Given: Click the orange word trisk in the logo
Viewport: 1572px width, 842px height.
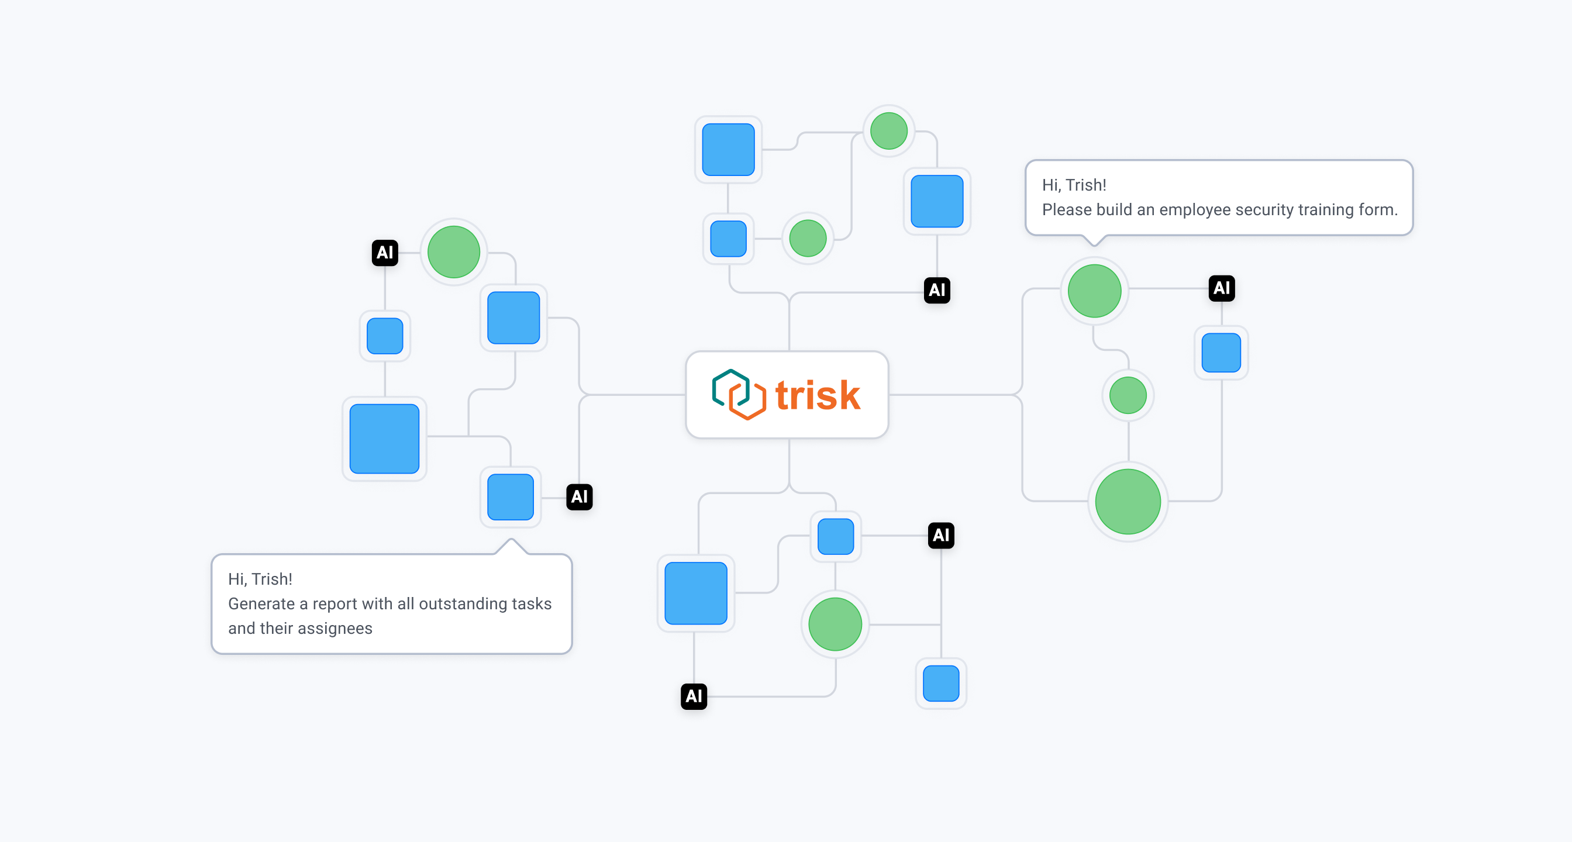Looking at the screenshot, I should [818, 395].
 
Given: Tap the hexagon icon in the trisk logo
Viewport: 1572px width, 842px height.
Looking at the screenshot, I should [739, 395].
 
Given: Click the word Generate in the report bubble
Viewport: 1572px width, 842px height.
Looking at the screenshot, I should [261, 604].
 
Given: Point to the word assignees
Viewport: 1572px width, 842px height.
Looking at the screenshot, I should [335, 629].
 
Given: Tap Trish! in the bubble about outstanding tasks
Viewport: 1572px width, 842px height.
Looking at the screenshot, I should [272, 579].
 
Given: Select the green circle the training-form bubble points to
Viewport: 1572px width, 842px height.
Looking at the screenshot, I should [1094, 291].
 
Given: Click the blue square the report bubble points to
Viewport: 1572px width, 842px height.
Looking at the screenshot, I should [511, 497].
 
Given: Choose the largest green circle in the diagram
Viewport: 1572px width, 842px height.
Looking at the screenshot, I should [1128, 502].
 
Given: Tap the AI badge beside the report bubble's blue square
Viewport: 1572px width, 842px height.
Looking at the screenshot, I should [579, 496].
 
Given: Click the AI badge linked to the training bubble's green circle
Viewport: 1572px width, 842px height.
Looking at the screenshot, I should [1222, 288].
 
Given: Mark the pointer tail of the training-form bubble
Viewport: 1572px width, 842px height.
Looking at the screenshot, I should [1095, 240].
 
